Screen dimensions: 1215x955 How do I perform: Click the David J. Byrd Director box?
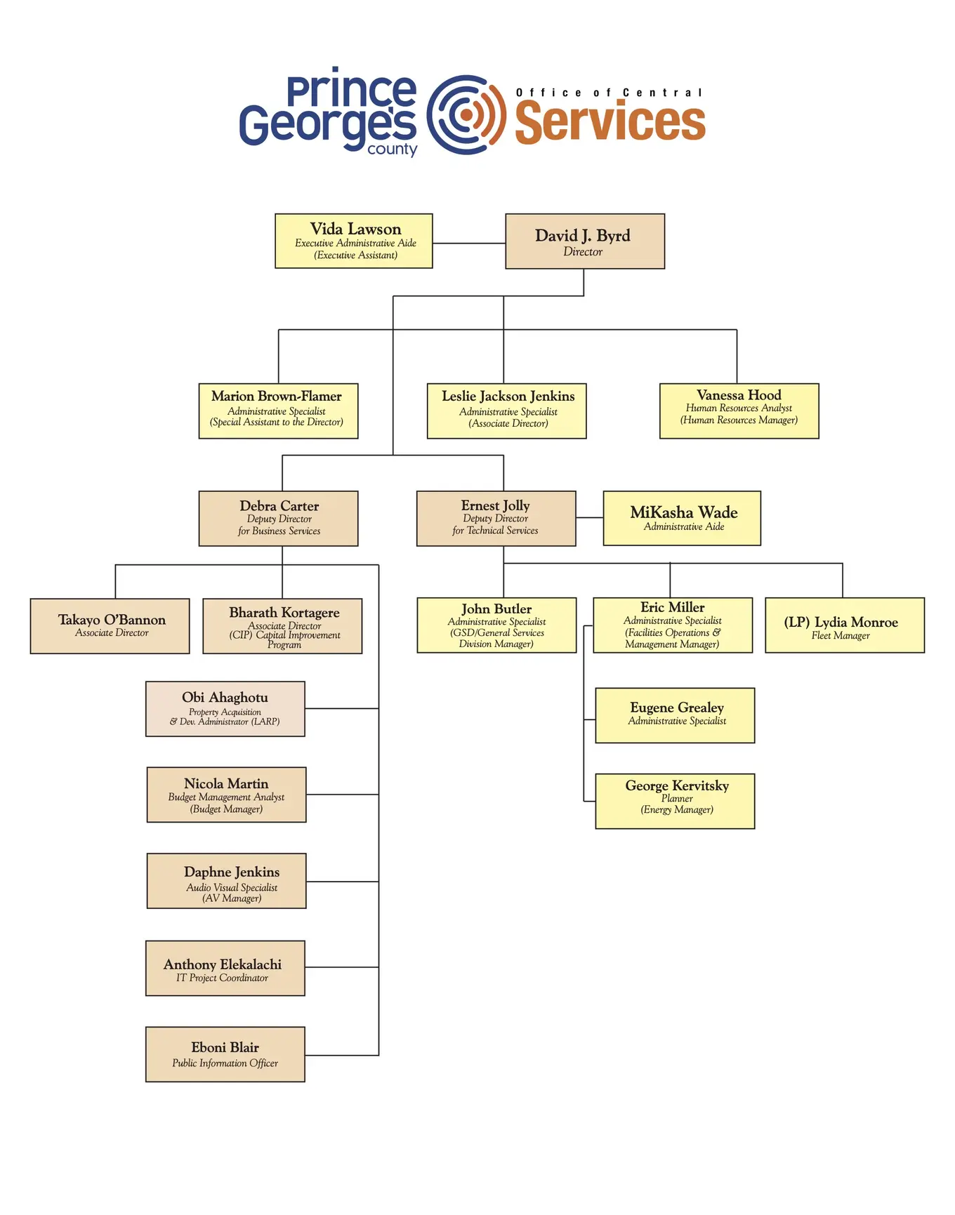(584, 241)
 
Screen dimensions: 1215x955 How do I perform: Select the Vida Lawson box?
(353, 241)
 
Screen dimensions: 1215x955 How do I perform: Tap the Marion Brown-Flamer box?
(278, 411)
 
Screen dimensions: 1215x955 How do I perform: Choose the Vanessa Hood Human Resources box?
(739, 411)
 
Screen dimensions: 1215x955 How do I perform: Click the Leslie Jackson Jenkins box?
(506, 411)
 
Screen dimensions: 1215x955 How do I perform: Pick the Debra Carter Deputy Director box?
(278, 518)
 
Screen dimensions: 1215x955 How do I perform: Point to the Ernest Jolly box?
(496, 518)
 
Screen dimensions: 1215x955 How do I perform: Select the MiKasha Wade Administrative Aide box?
(681, 518)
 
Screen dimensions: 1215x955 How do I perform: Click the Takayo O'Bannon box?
(110, 625)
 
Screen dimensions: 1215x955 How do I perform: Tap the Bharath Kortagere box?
(282, 625)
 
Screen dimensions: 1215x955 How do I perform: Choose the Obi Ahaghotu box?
(225, 708)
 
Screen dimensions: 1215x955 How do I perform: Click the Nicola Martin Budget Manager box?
(226, 795)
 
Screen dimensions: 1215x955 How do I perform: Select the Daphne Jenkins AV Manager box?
(226, 881)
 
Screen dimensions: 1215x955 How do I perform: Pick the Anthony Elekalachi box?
(225, 968)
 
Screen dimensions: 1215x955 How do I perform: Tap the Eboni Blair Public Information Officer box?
(225, 1054)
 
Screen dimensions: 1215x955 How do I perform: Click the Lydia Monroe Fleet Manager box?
(844, 625)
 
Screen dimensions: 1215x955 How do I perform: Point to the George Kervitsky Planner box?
(674, 801)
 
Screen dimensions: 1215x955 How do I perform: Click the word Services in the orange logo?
(610, 122)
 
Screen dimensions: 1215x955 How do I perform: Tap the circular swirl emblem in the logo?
(466, 114)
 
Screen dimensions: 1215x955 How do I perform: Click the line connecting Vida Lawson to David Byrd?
(468, 244)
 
